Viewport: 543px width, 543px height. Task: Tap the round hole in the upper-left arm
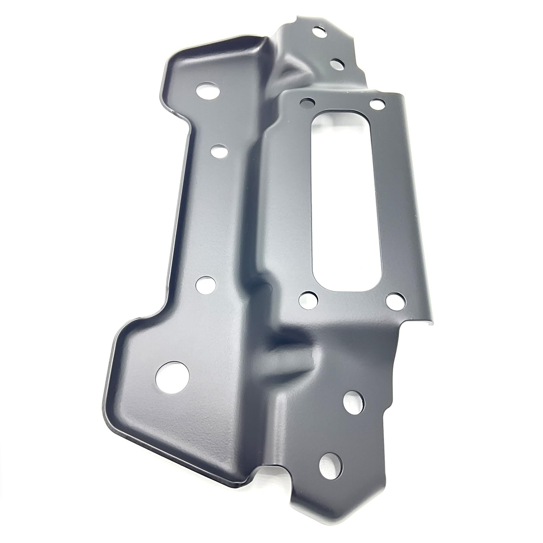[208, 91]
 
